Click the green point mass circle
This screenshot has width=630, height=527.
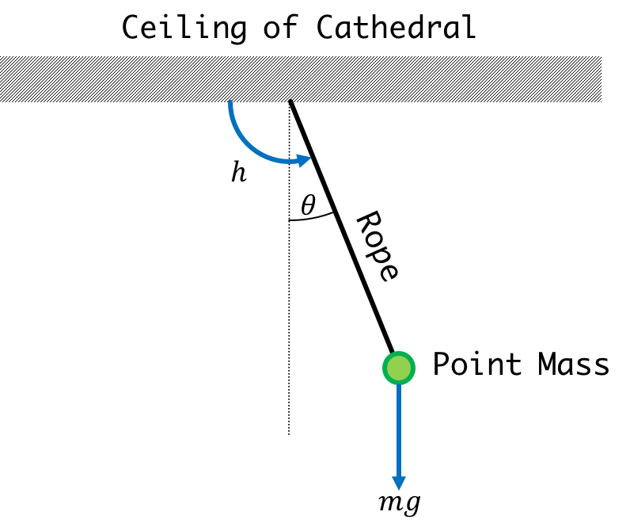pyautogui.click(x=399, y=368)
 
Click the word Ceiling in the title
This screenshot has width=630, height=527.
pyautogui.click(x=184, y=28)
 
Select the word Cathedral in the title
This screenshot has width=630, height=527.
pyautogui.click(x=397, y=27)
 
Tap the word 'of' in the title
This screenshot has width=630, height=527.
pyautogui.click(x=281, y=27)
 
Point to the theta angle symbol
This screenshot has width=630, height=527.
pyautogui.click(x=309, y=204)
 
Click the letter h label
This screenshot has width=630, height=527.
pyautogui.click(x=239, y=172)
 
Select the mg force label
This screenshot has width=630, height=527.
pyautogui.click(x=400, y=503)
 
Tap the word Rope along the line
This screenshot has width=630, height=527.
pyautogui.click(x=378, y=246)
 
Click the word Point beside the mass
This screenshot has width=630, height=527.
pyautogui.click(x=477, y=364)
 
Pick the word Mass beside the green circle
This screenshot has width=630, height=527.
pyautogui.click(x=573, y=364)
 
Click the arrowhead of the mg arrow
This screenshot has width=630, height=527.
pyautogui.click(x=399, y=483)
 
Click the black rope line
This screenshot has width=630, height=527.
pyautogui.click(x=341, y=227)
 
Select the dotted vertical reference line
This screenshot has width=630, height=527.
pyautogui.click(x=289, y=268)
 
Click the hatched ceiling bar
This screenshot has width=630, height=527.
pyautogui.click(x=301, y=79)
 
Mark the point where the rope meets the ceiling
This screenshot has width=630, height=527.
pyautogui.click(x=290, y=101)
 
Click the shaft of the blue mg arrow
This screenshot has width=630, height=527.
pyautogui.click(x=399, y=430)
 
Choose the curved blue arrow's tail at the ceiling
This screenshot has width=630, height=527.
pyautogui.click(x=230, y=101)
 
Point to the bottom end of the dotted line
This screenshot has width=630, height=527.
pyautogui.click(x=289, y=434)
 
